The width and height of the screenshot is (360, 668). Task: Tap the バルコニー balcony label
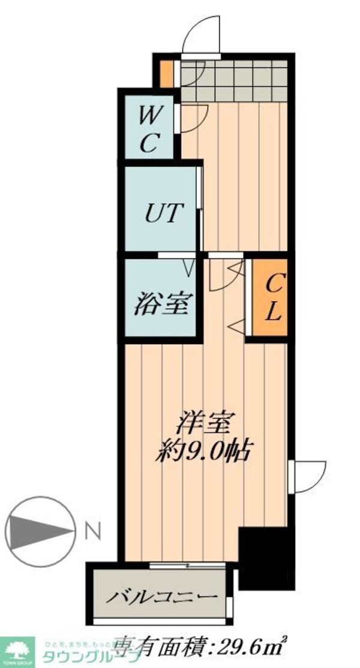click(x=161, y=597)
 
